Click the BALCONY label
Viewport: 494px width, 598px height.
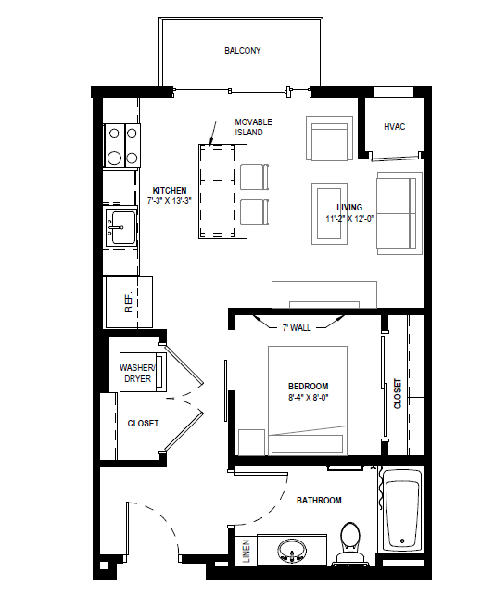pyautogui.click(x=243, y=51)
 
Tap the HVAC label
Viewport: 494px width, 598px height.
pyautogui.click(x=395, y=126)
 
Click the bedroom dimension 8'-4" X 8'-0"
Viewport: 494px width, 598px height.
pyautogui.click(x=309, y=398)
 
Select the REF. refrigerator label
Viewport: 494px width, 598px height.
pyautogui.click(x=130, y=301)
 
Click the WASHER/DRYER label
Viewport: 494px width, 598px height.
pyautogui.click(x=137, y=373)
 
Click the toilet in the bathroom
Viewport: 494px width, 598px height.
pyautogui.click(x=350, y=544)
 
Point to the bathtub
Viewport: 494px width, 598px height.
pyautogui.click(x=401, y=511)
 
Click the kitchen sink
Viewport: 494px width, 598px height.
pyautogui.click(x=120, y=225)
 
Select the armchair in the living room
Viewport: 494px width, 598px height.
pyautogui.click(x=329, y=139)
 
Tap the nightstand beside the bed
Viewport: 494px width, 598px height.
pyautogui.click(x=251, y=442)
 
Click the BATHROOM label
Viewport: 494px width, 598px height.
pyautogui.click(x=319, y=501)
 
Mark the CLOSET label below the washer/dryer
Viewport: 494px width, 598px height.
pyautogui.click(x=143, y=423)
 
